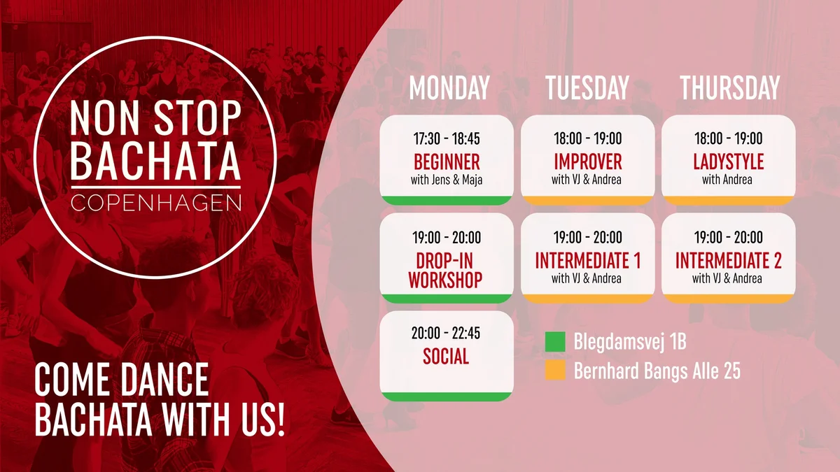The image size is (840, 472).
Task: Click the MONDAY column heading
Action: (x=449, y=87)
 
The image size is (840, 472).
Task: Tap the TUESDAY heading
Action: (x=587, y=87)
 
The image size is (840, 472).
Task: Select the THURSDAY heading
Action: (x=729, y=87)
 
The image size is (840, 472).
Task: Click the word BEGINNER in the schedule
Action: (x=447, y=162)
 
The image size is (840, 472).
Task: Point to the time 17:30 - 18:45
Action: (x=447, y=138)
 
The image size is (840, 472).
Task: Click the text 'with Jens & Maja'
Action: (x=447, y=180)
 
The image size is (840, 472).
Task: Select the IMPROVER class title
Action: (x=587, y=162)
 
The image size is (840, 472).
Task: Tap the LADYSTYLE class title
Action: (x=728, y=162)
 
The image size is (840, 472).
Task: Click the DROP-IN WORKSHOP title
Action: (x=445, y=271)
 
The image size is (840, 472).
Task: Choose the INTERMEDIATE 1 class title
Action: (x=587, y=260)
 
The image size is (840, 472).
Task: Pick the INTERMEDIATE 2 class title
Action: (x=728, y=260)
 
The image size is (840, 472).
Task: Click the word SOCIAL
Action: (x=446, y=356)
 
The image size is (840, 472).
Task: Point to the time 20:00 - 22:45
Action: (x=446, y=333)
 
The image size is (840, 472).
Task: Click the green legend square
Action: (x=555, y=342)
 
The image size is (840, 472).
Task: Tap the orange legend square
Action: (x=555, y=370)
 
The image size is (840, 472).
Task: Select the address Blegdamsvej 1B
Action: (x=630, y=342)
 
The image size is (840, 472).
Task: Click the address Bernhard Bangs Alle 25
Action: (x=657, y=371)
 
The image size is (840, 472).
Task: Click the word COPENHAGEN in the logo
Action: (x=155, y=203)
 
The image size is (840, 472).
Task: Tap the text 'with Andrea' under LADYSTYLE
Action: (x=727, y=180)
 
